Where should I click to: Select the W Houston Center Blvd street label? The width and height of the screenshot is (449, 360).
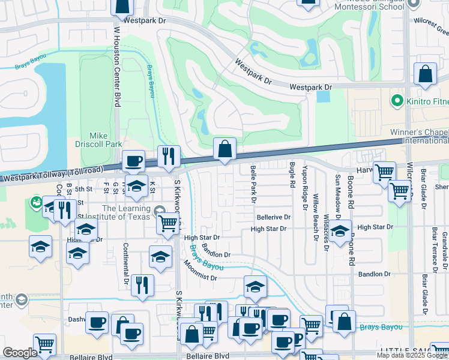pyautogui.click(x=116, y=67)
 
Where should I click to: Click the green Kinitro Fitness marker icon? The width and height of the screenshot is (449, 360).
pyautogui.click(x=396, y=99)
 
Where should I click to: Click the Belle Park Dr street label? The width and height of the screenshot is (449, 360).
pyautogui.click(x=253, y=184)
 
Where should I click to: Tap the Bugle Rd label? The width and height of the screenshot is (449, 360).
pyautogui.click(x=292, y=175)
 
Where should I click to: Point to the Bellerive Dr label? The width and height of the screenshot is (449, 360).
pyautogui.click(x=273, y=217)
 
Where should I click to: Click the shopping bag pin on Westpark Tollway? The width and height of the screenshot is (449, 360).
pyautogui.click(x=224, y=149)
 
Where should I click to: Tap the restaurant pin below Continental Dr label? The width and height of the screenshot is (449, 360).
pyautogui.click(x=142, y=285)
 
